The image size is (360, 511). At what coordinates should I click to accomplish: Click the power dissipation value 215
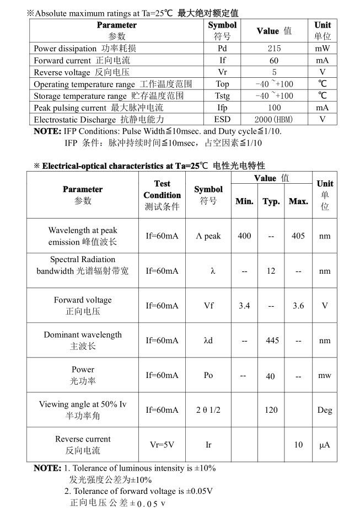[273, 49]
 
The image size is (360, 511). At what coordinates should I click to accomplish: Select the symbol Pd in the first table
[222, 49]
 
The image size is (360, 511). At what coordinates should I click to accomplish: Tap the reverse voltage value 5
[273, 72]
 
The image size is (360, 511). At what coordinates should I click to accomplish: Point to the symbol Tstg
[222, 95]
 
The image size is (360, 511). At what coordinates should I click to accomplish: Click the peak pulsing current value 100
[273, 108]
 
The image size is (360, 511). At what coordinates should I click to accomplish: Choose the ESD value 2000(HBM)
[273, 119]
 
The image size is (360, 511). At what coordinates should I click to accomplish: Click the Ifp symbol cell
[222, 108]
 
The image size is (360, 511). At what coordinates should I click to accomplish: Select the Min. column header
[244, 201]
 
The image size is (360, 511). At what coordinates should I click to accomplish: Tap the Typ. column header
[271, 201]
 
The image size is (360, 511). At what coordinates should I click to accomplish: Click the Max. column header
[298, 201]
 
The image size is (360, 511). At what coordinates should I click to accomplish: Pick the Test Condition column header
[162, 195]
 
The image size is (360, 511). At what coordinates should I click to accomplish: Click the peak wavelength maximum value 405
[298, 236]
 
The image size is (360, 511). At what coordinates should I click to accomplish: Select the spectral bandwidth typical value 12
[271, 271]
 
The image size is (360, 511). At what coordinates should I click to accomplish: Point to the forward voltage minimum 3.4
[244, 306]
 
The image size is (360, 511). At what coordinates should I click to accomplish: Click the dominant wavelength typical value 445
[272, 340]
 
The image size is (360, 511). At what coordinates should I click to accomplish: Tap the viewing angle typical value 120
[271, 410]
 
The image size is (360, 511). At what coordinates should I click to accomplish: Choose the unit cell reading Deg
[325, 410]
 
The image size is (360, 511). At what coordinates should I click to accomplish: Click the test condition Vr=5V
[162, 445]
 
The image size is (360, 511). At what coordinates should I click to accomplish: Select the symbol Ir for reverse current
[208, 445]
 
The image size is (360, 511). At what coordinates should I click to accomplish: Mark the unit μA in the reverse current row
[325, 445]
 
